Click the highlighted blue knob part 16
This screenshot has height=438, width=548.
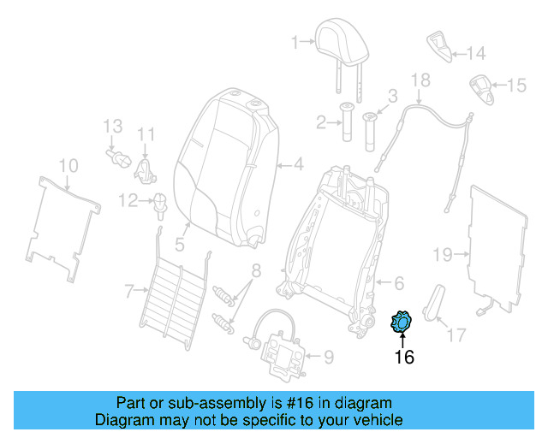click(400, 323)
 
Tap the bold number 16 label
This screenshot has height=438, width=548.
click(403, 357)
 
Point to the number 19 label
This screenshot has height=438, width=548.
click(442, 254)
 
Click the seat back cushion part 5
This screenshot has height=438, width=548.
click(223, 163)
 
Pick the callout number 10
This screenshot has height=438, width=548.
click(69, 164)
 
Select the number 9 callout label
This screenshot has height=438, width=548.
click(327, 354)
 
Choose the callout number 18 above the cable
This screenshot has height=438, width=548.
click(420, 81)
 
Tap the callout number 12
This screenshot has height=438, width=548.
click(128, 201)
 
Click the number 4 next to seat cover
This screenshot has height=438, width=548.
click(298, 164)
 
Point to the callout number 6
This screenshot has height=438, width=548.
click(398, 282)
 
